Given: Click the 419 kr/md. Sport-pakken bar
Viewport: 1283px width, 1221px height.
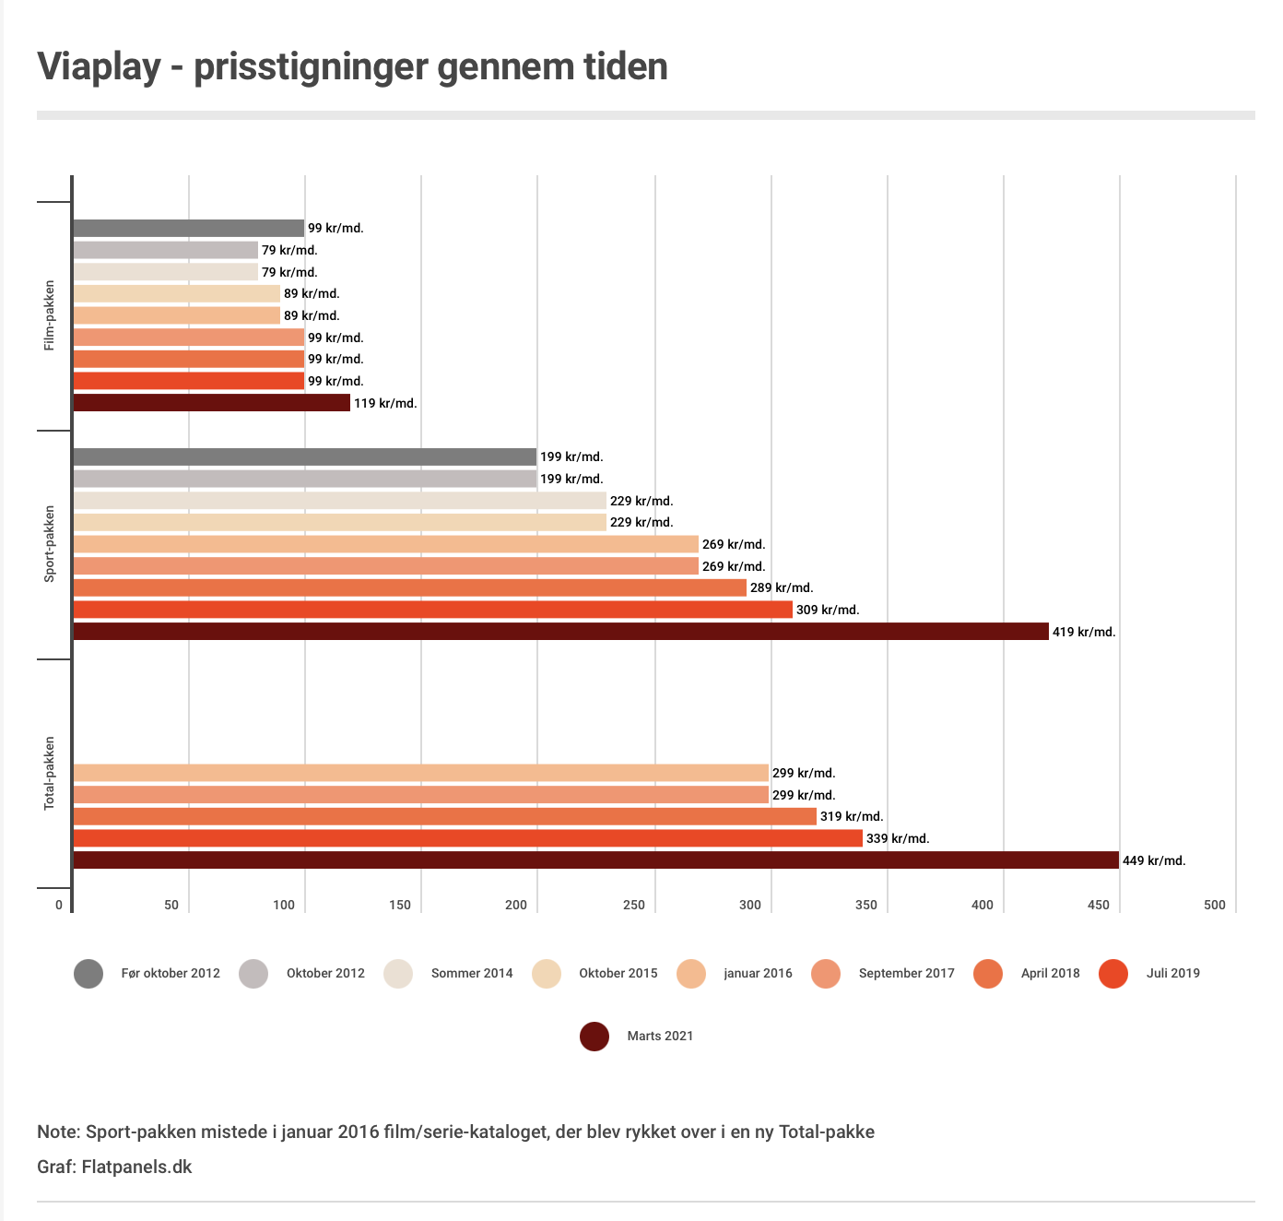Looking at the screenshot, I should click(560, 632).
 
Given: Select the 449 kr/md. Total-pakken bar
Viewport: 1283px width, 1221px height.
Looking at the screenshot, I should click(595, 860).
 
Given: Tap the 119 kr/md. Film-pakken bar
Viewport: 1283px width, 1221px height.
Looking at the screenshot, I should click(211, 403).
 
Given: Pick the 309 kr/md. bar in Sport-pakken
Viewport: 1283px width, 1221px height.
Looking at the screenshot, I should click(432, 610).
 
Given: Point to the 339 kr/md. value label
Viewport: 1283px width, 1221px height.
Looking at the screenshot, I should click(898, 838).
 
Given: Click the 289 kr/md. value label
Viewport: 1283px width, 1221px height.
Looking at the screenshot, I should click(782, 587).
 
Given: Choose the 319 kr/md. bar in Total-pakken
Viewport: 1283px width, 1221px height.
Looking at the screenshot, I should click(444, 816).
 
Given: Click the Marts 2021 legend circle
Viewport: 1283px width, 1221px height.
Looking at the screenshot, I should click(594, 1036).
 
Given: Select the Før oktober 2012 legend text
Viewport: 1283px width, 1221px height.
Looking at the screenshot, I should click(171, 973).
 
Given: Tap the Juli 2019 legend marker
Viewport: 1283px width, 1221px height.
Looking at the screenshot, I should click(1113, 973).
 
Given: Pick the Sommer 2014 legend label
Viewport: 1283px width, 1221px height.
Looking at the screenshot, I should click(472, 973).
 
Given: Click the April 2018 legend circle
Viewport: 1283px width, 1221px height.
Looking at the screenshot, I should click(988, 973).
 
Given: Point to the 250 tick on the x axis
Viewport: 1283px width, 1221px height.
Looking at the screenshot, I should click(634, 905).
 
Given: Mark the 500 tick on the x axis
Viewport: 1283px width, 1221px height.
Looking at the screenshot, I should click(1215, 905).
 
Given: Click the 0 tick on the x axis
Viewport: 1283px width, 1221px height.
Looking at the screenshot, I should click(59, 905).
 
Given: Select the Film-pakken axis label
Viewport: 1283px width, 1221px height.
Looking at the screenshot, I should click(50, 315).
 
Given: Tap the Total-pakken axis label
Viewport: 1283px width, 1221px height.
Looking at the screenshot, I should click(50, 773).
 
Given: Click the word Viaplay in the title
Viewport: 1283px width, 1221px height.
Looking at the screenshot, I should click(99, 67).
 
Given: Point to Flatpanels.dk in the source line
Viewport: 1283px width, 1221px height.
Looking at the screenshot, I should click(136, 1167).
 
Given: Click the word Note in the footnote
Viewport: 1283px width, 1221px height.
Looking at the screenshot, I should click(57, 1132).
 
